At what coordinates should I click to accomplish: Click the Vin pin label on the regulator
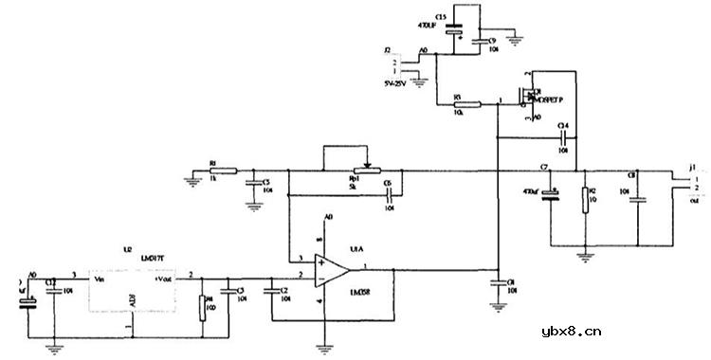point(97,279)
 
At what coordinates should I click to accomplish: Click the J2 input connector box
point(399,63)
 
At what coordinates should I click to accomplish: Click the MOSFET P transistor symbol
point(526,97)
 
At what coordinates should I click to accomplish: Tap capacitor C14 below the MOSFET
point(562,138)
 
